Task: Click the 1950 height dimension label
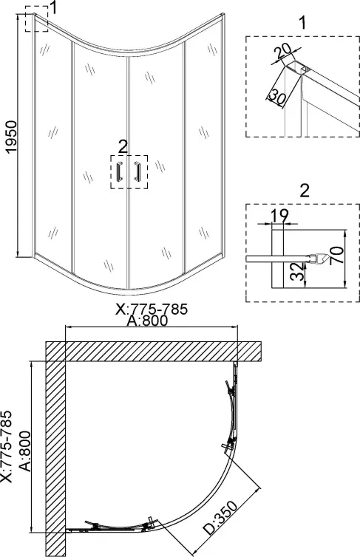(12, 137)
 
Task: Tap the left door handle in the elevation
(119, 171)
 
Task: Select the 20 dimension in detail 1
(284, 52)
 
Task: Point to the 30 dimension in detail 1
(276, 97)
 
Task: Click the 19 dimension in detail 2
(279, 216)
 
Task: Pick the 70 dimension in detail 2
(336, 255)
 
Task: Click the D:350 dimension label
(221, 518)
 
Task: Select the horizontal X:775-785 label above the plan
(152, 309)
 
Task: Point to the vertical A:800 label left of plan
(24, 451)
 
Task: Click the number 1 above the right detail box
(302, 22)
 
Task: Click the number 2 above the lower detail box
(305, 191)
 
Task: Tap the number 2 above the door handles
(123, 146)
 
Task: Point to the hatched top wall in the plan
(154, 352)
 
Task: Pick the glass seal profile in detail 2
(316, 259)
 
